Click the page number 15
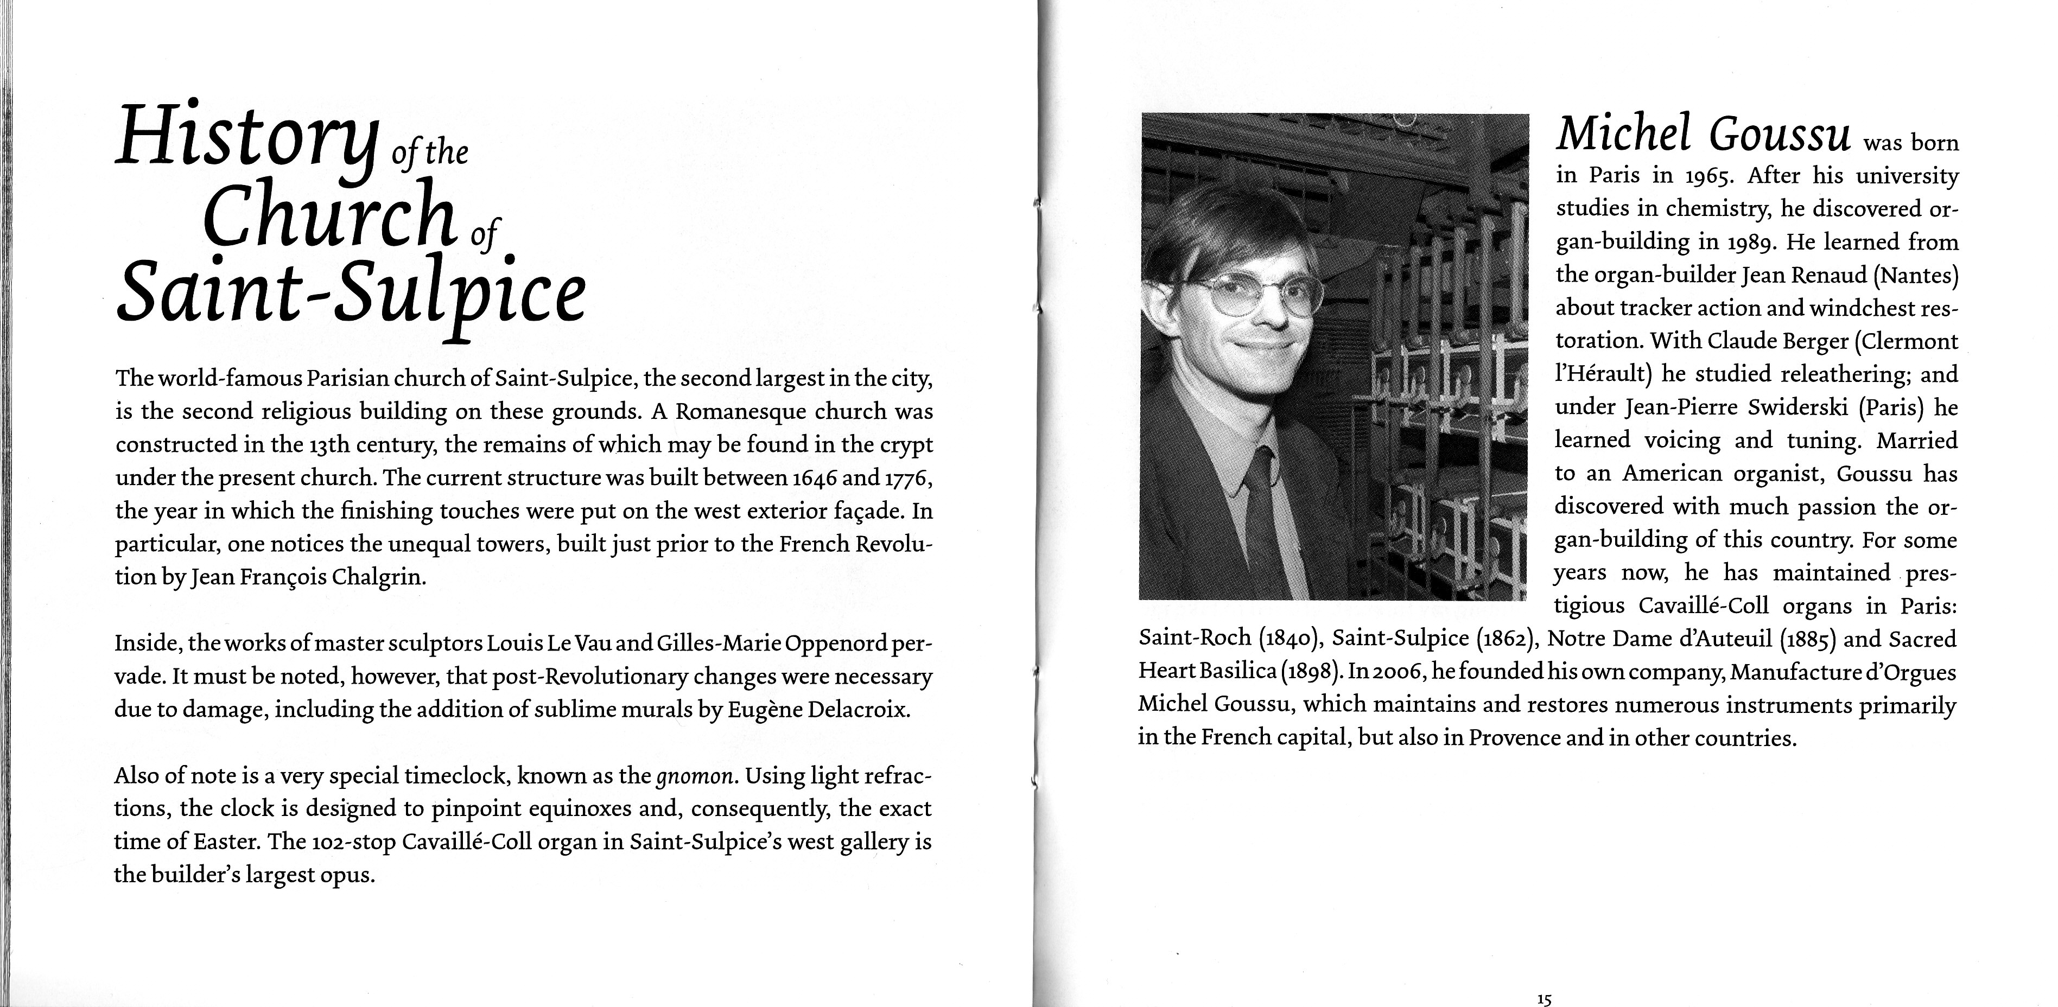[1543, 999]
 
